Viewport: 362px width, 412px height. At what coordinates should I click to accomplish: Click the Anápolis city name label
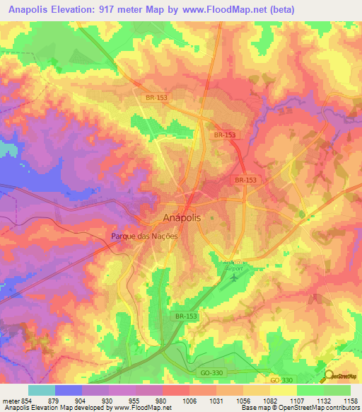(x=182, y=218)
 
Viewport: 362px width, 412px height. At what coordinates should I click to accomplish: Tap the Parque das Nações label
(x=144, y=237)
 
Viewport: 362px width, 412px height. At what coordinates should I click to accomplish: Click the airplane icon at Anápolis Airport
(x=234, y=276)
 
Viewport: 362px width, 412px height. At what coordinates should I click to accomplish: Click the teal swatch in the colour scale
(x=42, y=390)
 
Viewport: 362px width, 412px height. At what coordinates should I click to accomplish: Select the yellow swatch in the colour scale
(x=284, y=390)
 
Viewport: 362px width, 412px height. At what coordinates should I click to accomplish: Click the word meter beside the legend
(x=9, y=400)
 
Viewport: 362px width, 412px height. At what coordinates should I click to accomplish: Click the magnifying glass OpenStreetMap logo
(x=329, y=377)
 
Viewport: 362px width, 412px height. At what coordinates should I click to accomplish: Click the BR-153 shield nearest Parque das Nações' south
(x=184, y=316)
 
